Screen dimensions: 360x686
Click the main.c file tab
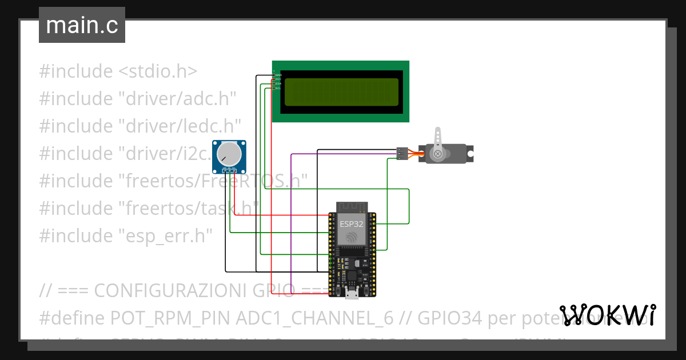coord(82,26)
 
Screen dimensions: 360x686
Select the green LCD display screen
coord(341,91)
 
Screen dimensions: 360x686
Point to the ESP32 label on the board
coord(351,224)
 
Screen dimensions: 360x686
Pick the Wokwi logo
coord(608,315)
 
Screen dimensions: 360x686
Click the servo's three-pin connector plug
coord(402,153)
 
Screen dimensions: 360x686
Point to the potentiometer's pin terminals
coord(229,170)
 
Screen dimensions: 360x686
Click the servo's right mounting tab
coord(470,154)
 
